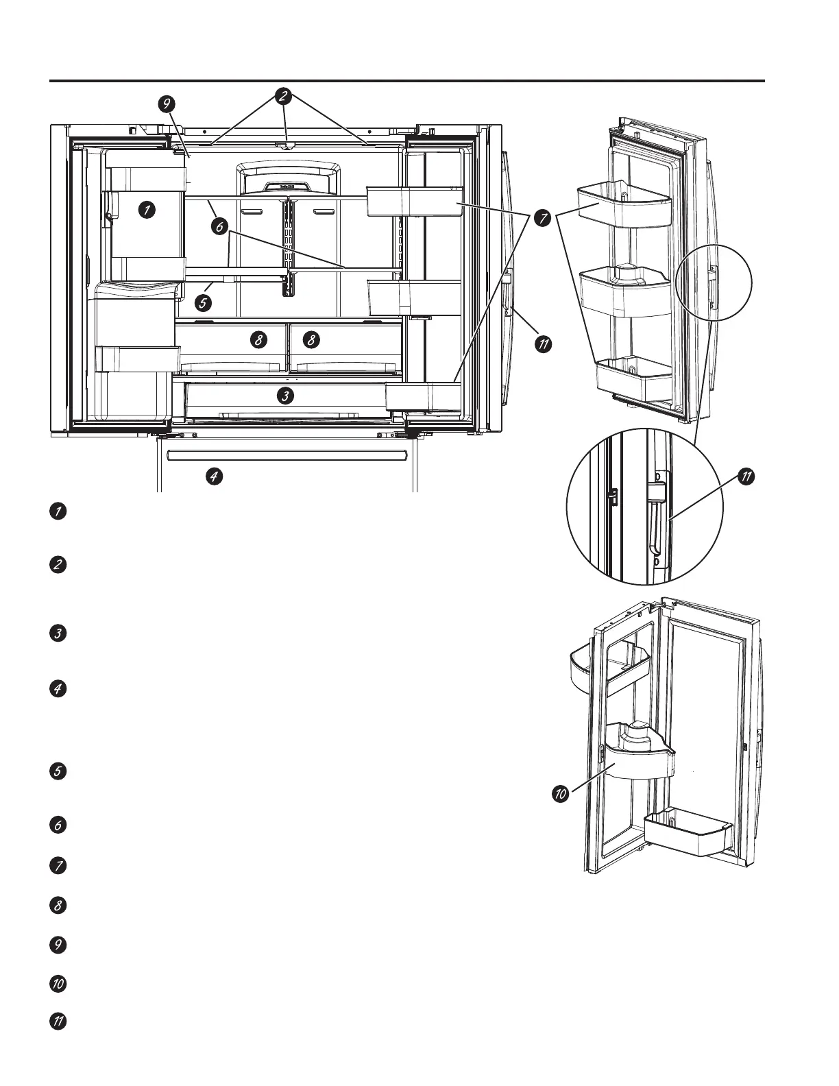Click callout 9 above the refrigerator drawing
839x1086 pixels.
click(166, 104)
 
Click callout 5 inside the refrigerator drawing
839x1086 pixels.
click(202, 301)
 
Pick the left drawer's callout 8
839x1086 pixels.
click(258, 339)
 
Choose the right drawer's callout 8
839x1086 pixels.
click(311, 339)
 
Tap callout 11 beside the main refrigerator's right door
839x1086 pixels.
click(543, 343)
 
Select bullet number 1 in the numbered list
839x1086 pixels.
click(58, 511)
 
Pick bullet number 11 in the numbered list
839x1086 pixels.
click(58, 1021)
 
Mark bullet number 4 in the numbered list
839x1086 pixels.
click(58, 689)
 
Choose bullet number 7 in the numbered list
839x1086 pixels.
click(58, 865)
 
